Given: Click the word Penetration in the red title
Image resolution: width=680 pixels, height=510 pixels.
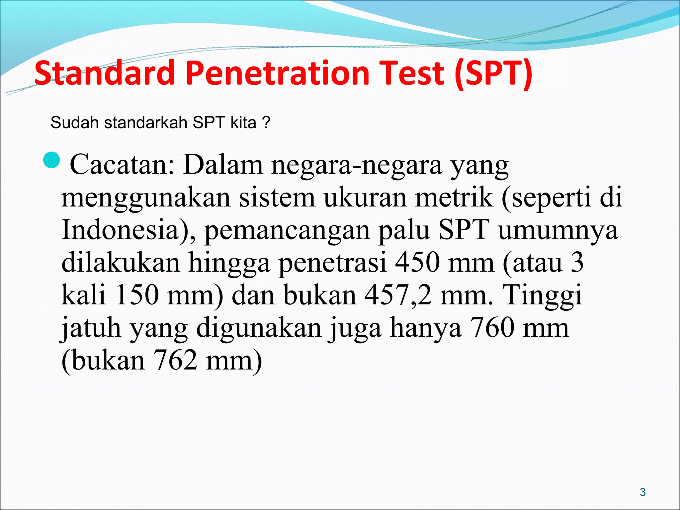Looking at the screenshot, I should point(277,73).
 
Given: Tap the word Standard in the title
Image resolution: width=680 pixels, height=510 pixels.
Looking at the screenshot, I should point(104,73).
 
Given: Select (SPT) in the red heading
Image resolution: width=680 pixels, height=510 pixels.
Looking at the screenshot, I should point(494,73).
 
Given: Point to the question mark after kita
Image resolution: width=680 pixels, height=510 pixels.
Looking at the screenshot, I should point(266,123).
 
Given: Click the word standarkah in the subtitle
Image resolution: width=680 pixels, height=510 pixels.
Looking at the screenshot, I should point(146,123).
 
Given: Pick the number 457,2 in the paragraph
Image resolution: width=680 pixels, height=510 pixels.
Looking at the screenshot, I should point(398,295).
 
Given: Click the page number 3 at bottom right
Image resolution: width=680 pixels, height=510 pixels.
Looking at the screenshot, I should point(643,492).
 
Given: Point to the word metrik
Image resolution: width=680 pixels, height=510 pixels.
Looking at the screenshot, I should point(454,197).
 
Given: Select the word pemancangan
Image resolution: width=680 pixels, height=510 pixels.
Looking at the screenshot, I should point(287,230).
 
